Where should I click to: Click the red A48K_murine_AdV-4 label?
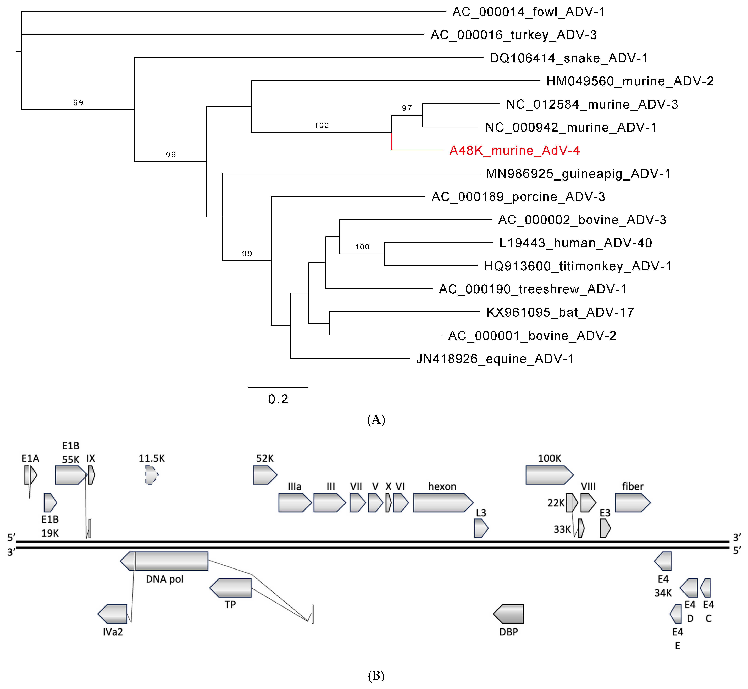point(514,151)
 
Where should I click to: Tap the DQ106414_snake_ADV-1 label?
point(568,58)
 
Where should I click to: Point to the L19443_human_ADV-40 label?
point(575,243)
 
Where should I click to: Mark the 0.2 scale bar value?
point(278,399)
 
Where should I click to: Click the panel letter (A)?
point(376,420)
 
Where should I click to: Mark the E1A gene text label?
point(30,458)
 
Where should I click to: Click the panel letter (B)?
point(376,676)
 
